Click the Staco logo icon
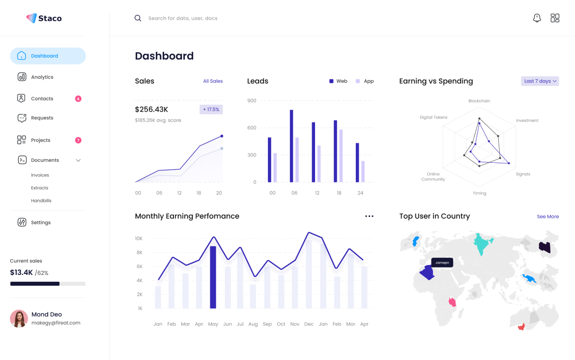[x=31, y=18]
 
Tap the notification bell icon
[x=537, y=18]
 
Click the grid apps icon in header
[x=555, y=18]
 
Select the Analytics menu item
[x=42, y=77]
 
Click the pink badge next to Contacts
[x=78, y=99]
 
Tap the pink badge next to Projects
[x=78, y=140]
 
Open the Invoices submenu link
[x=40, y=175]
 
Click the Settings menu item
[x=41, y=223]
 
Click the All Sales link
[x=213, y=81]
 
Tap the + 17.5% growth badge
[x=211, y=109]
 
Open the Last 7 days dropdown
[x=540, y=81]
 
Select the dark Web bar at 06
[x=291, y=146]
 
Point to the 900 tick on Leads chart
[x=252, y=101]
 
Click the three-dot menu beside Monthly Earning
[x=369, y=216]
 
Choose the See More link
[x=547, y=216]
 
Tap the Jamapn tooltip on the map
[x=442, y=263]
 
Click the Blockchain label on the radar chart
[x=479, y=101]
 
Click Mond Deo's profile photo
[x=19, y=319]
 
